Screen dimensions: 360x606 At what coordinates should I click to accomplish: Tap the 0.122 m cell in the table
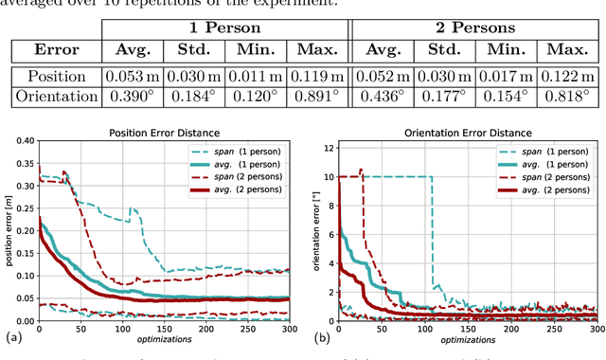point(566,76)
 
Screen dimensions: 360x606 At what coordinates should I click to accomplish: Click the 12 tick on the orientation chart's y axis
point(327,147)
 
